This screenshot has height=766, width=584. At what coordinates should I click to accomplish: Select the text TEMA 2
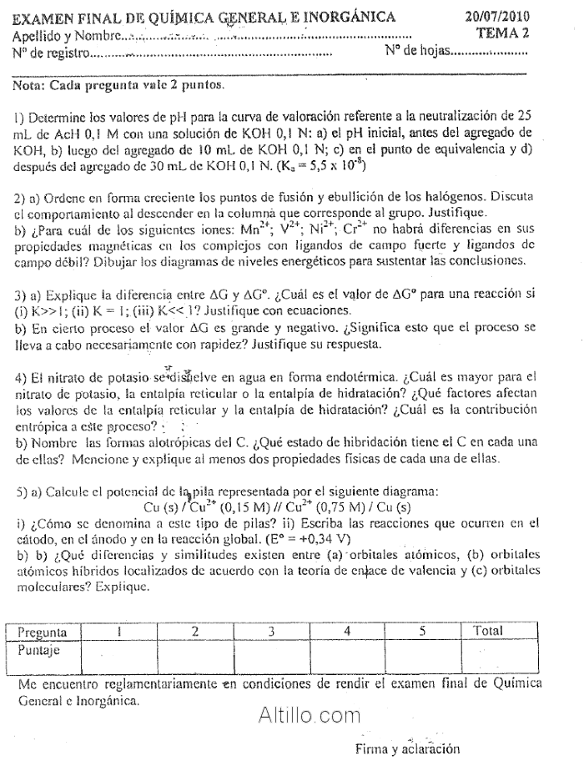(x=503, y=33)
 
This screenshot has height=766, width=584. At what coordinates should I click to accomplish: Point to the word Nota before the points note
(x=30, y=85)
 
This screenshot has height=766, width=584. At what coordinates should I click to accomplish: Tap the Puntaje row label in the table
(x=40, y=648)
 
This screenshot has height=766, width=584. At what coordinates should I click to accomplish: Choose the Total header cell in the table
(x=488, y=632)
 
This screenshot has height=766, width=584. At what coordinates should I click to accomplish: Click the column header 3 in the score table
(x=272, y=632)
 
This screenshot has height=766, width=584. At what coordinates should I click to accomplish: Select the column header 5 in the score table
(x=423, y=632)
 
